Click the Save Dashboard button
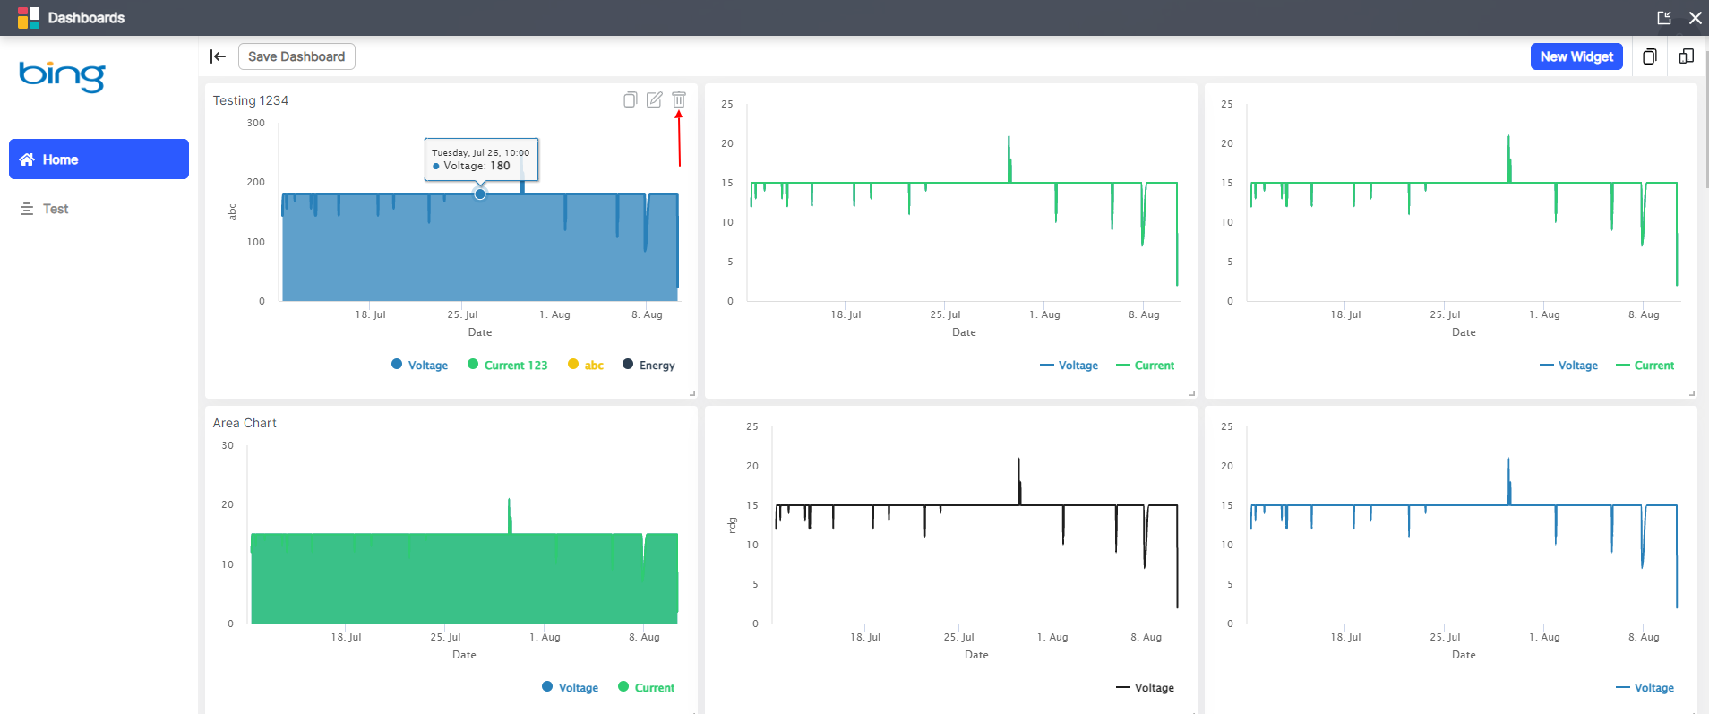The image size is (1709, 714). [296, 56]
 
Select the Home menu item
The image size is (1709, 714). [99, 159]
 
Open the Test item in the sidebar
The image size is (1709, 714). [55, 209]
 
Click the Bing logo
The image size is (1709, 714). [62, 75]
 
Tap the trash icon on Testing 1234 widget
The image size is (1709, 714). [679, 99]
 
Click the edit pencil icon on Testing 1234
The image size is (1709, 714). [655, 99]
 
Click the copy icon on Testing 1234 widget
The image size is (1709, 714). [631, 99]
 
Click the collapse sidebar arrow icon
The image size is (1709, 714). [218, 56]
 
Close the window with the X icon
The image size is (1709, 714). [1695, 18]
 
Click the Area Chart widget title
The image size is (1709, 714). [245, 423]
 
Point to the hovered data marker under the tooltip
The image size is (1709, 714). [480, 194]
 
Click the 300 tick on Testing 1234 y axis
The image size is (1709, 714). [256, 123]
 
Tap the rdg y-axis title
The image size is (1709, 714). [732, 525]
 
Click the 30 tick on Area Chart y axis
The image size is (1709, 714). [228, 445]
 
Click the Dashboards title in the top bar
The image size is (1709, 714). [86, 18]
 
